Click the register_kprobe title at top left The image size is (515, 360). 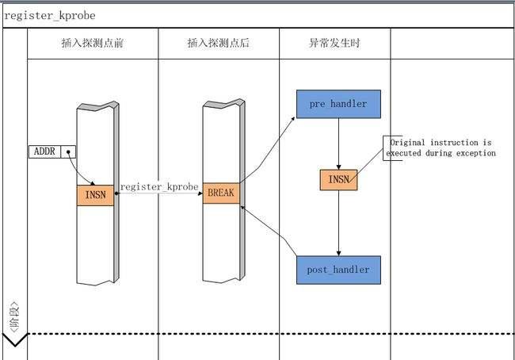(50, 15)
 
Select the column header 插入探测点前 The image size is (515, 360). (92, 43)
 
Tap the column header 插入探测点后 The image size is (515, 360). (218, 43)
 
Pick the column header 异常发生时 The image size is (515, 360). (334, 43)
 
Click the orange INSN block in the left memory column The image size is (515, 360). (95, 195)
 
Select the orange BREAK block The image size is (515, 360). (220, 193)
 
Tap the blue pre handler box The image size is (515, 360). (338, 104)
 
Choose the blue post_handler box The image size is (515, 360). (338, 270)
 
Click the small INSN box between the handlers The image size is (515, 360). (338, 180)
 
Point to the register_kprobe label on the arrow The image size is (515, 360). (158, 187)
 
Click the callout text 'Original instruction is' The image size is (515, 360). (441, 142)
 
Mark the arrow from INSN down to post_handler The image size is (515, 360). (338, 222)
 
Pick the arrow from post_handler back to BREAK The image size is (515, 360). (269, 232)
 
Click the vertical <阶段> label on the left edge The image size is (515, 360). (14, 316)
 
